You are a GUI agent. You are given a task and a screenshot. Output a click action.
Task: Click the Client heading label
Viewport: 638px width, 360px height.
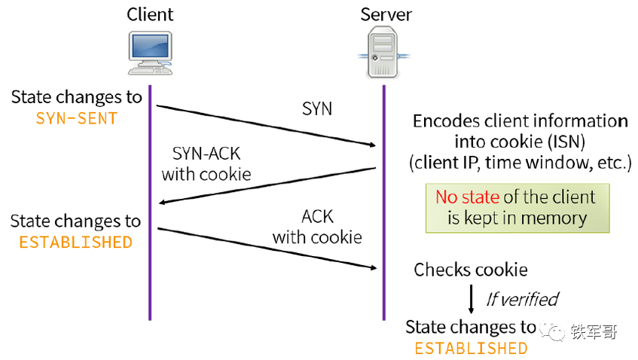(x=150, y=14)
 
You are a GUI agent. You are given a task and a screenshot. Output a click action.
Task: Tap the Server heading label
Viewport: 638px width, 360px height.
(x=386, y=14)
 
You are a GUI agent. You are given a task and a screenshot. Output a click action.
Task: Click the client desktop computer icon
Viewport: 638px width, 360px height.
(x=150, y=53)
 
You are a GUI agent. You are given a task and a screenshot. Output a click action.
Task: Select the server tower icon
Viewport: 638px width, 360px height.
(x=383, y=52)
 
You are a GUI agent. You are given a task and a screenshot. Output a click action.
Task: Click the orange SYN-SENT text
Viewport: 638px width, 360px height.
(x=77, y=118)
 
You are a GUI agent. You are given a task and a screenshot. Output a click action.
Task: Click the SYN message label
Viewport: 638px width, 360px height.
(x=317, y=108)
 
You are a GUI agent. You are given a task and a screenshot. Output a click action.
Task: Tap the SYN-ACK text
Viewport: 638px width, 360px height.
(x=206, y=154)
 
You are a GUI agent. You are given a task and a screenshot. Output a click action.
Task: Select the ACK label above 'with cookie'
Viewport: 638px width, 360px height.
(x=317, y=216)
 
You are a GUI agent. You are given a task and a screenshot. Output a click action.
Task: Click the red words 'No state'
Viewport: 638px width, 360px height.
(x=467, y=197)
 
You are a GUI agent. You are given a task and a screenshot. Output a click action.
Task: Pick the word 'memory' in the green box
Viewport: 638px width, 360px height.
(x=554, y=218)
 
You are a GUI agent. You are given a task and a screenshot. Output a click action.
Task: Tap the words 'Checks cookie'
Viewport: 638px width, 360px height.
(x=470, y=270)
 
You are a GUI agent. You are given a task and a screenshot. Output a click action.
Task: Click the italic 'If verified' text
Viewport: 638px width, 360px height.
(x=523, y=300)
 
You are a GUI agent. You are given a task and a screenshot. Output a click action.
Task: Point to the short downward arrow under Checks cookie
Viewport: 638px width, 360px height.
(x=472, y=299)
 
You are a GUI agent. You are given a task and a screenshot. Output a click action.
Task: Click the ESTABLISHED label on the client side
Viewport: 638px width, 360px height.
(x=75, y=243)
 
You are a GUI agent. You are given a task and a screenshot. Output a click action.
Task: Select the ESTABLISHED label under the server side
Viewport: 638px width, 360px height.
(x=471, y=349)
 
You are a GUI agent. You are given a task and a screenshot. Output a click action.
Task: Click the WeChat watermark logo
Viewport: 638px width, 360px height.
(x=552, y=332)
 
